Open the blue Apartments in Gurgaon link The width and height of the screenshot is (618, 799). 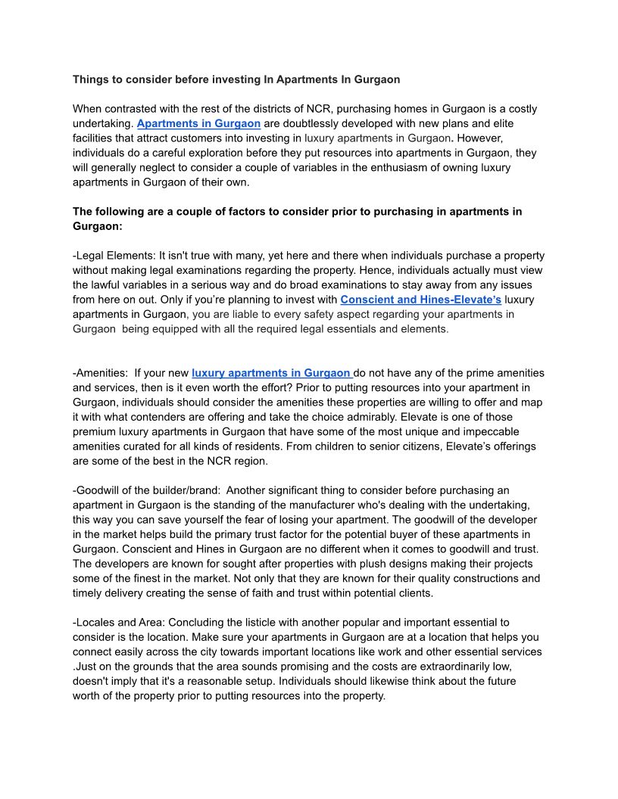coord(198,123)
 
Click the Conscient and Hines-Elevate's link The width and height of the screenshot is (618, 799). coord(420,300)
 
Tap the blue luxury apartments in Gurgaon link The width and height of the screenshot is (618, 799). coord(272,373)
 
